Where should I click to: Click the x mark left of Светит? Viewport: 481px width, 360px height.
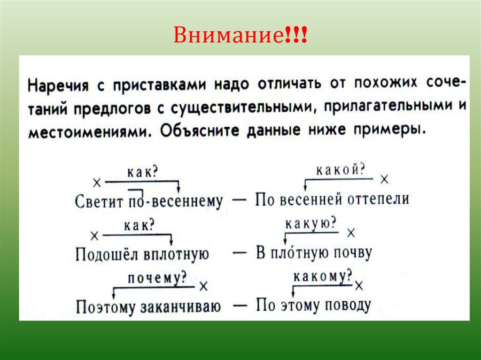coord(96,182)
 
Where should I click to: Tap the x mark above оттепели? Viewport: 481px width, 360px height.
coord(384,179)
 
